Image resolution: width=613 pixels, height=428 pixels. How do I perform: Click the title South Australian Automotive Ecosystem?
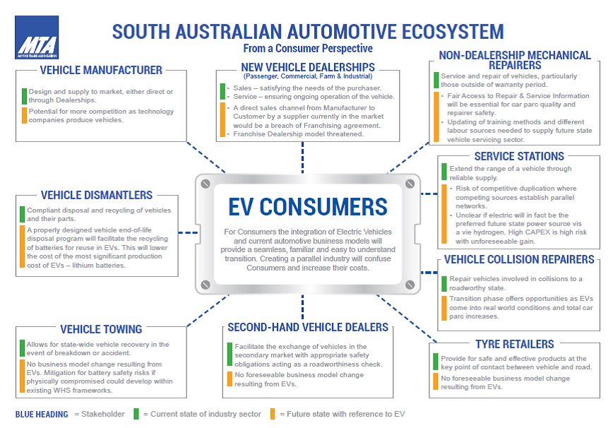point(308,32)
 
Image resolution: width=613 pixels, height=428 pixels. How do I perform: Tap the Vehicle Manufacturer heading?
point(102,70)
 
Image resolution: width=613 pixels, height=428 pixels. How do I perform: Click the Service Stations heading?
point(519,156)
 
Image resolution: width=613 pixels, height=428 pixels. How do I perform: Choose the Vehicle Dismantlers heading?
point(97,195)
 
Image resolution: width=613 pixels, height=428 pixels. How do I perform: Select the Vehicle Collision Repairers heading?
point(519,260)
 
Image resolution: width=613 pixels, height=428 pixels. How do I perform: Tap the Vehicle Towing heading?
point(101,329)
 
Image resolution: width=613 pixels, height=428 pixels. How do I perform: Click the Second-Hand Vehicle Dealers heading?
point(308,327)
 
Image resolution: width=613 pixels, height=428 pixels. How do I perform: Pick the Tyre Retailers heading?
point(514,344)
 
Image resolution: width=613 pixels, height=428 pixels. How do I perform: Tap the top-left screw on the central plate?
point(205,184)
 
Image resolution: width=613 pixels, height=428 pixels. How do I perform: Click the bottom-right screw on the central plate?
point(410,285)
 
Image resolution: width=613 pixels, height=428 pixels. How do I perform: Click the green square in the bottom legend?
point(136,414)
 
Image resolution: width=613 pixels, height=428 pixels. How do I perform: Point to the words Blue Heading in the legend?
point(42,415)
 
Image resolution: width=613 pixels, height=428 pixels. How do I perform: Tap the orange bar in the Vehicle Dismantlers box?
point(23,248)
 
